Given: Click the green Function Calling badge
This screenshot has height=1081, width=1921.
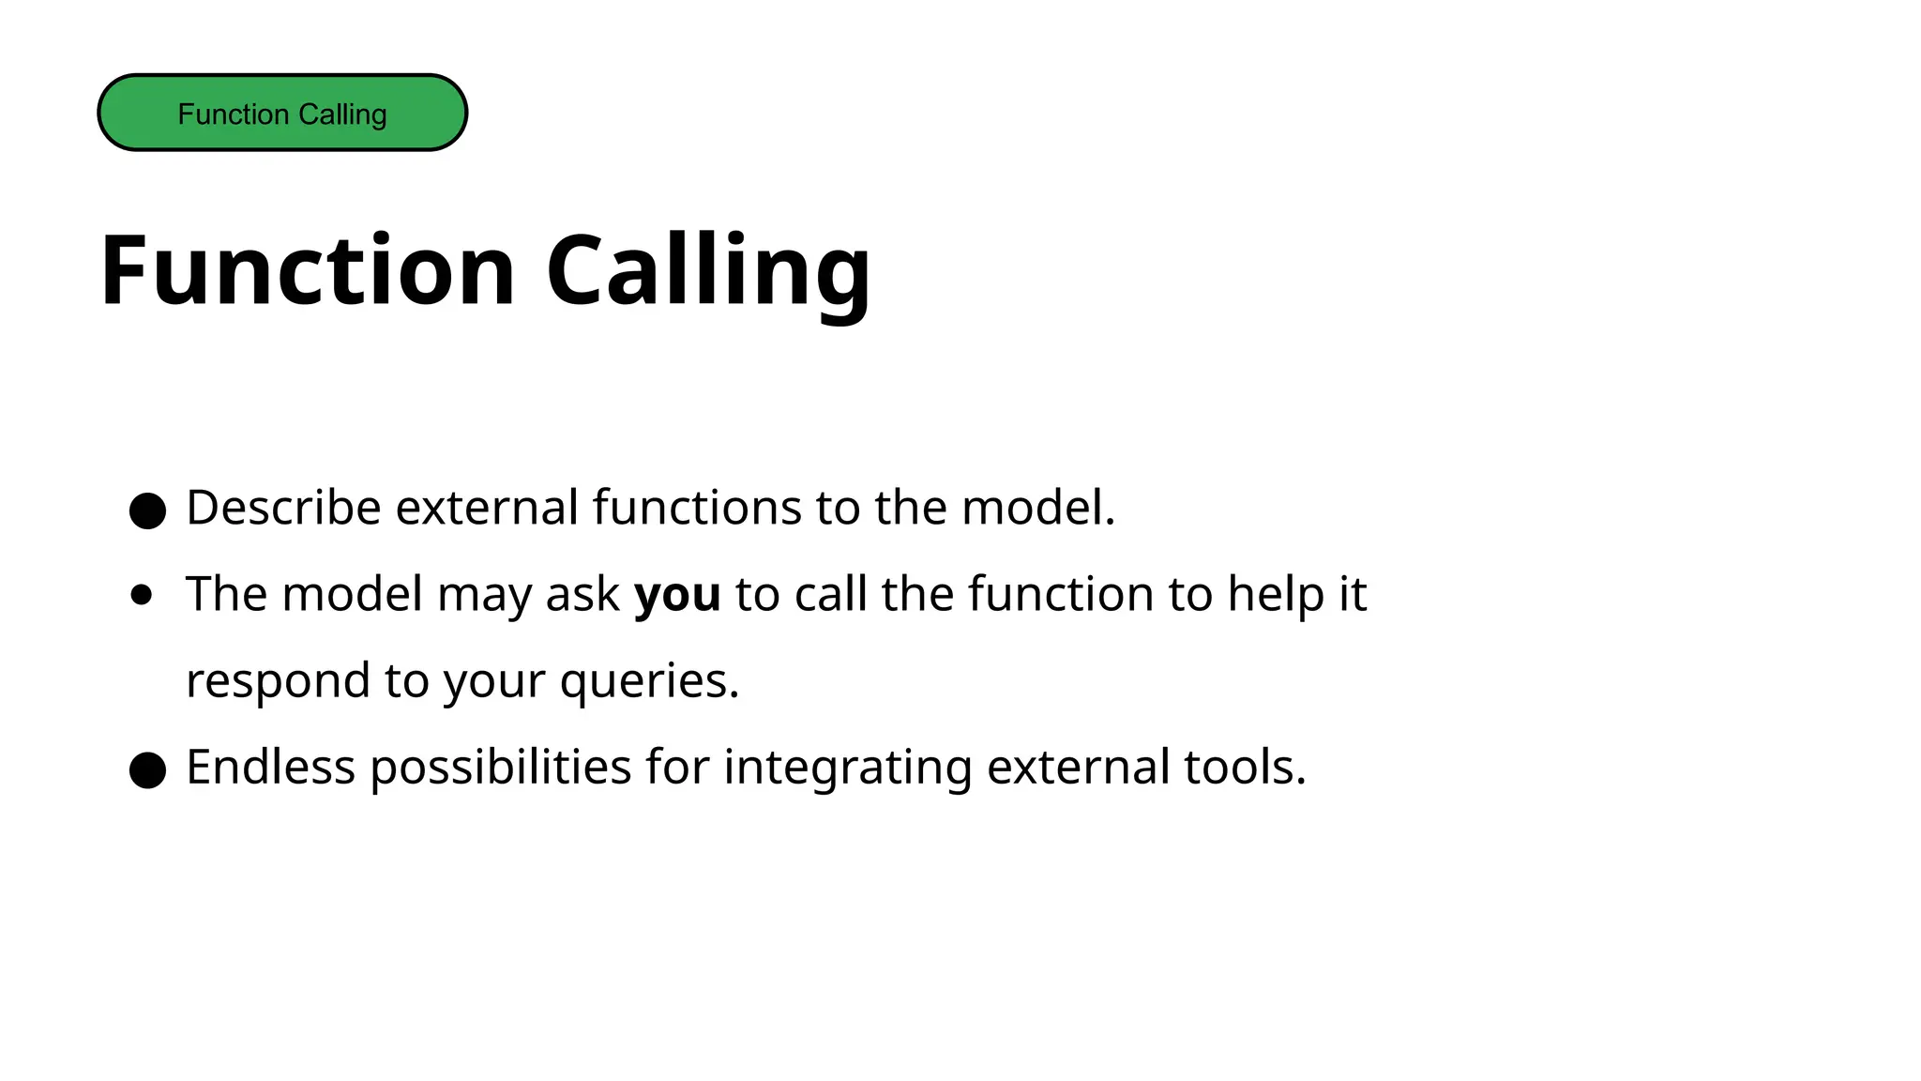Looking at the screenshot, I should tap(282, 113).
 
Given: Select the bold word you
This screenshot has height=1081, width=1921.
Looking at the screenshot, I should tap(677, 594).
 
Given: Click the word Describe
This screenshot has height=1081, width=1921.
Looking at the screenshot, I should tap(283, 508).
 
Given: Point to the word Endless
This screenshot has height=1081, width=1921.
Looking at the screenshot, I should tap(270, 767).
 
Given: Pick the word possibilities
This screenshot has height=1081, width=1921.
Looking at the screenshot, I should tap(501, 767).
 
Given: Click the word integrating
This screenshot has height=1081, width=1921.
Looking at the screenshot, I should tap(847, 767).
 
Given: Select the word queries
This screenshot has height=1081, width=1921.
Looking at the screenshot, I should tap(649, 680).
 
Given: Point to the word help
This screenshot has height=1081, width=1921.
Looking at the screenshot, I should tap(1275, 594).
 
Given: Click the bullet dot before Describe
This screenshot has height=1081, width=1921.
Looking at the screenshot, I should tap(147, 511).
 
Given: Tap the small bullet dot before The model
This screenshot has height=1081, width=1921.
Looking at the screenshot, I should tap(142, 595).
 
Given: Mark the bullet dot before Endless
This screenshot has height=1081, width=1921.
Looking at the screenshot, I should tap(147, 770).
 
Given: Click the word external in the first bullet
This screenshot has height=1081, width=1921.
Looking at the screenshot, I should tap(487, 508).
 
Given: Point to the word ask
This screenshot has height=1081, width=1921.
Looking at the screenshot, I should tap(582, 594).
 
